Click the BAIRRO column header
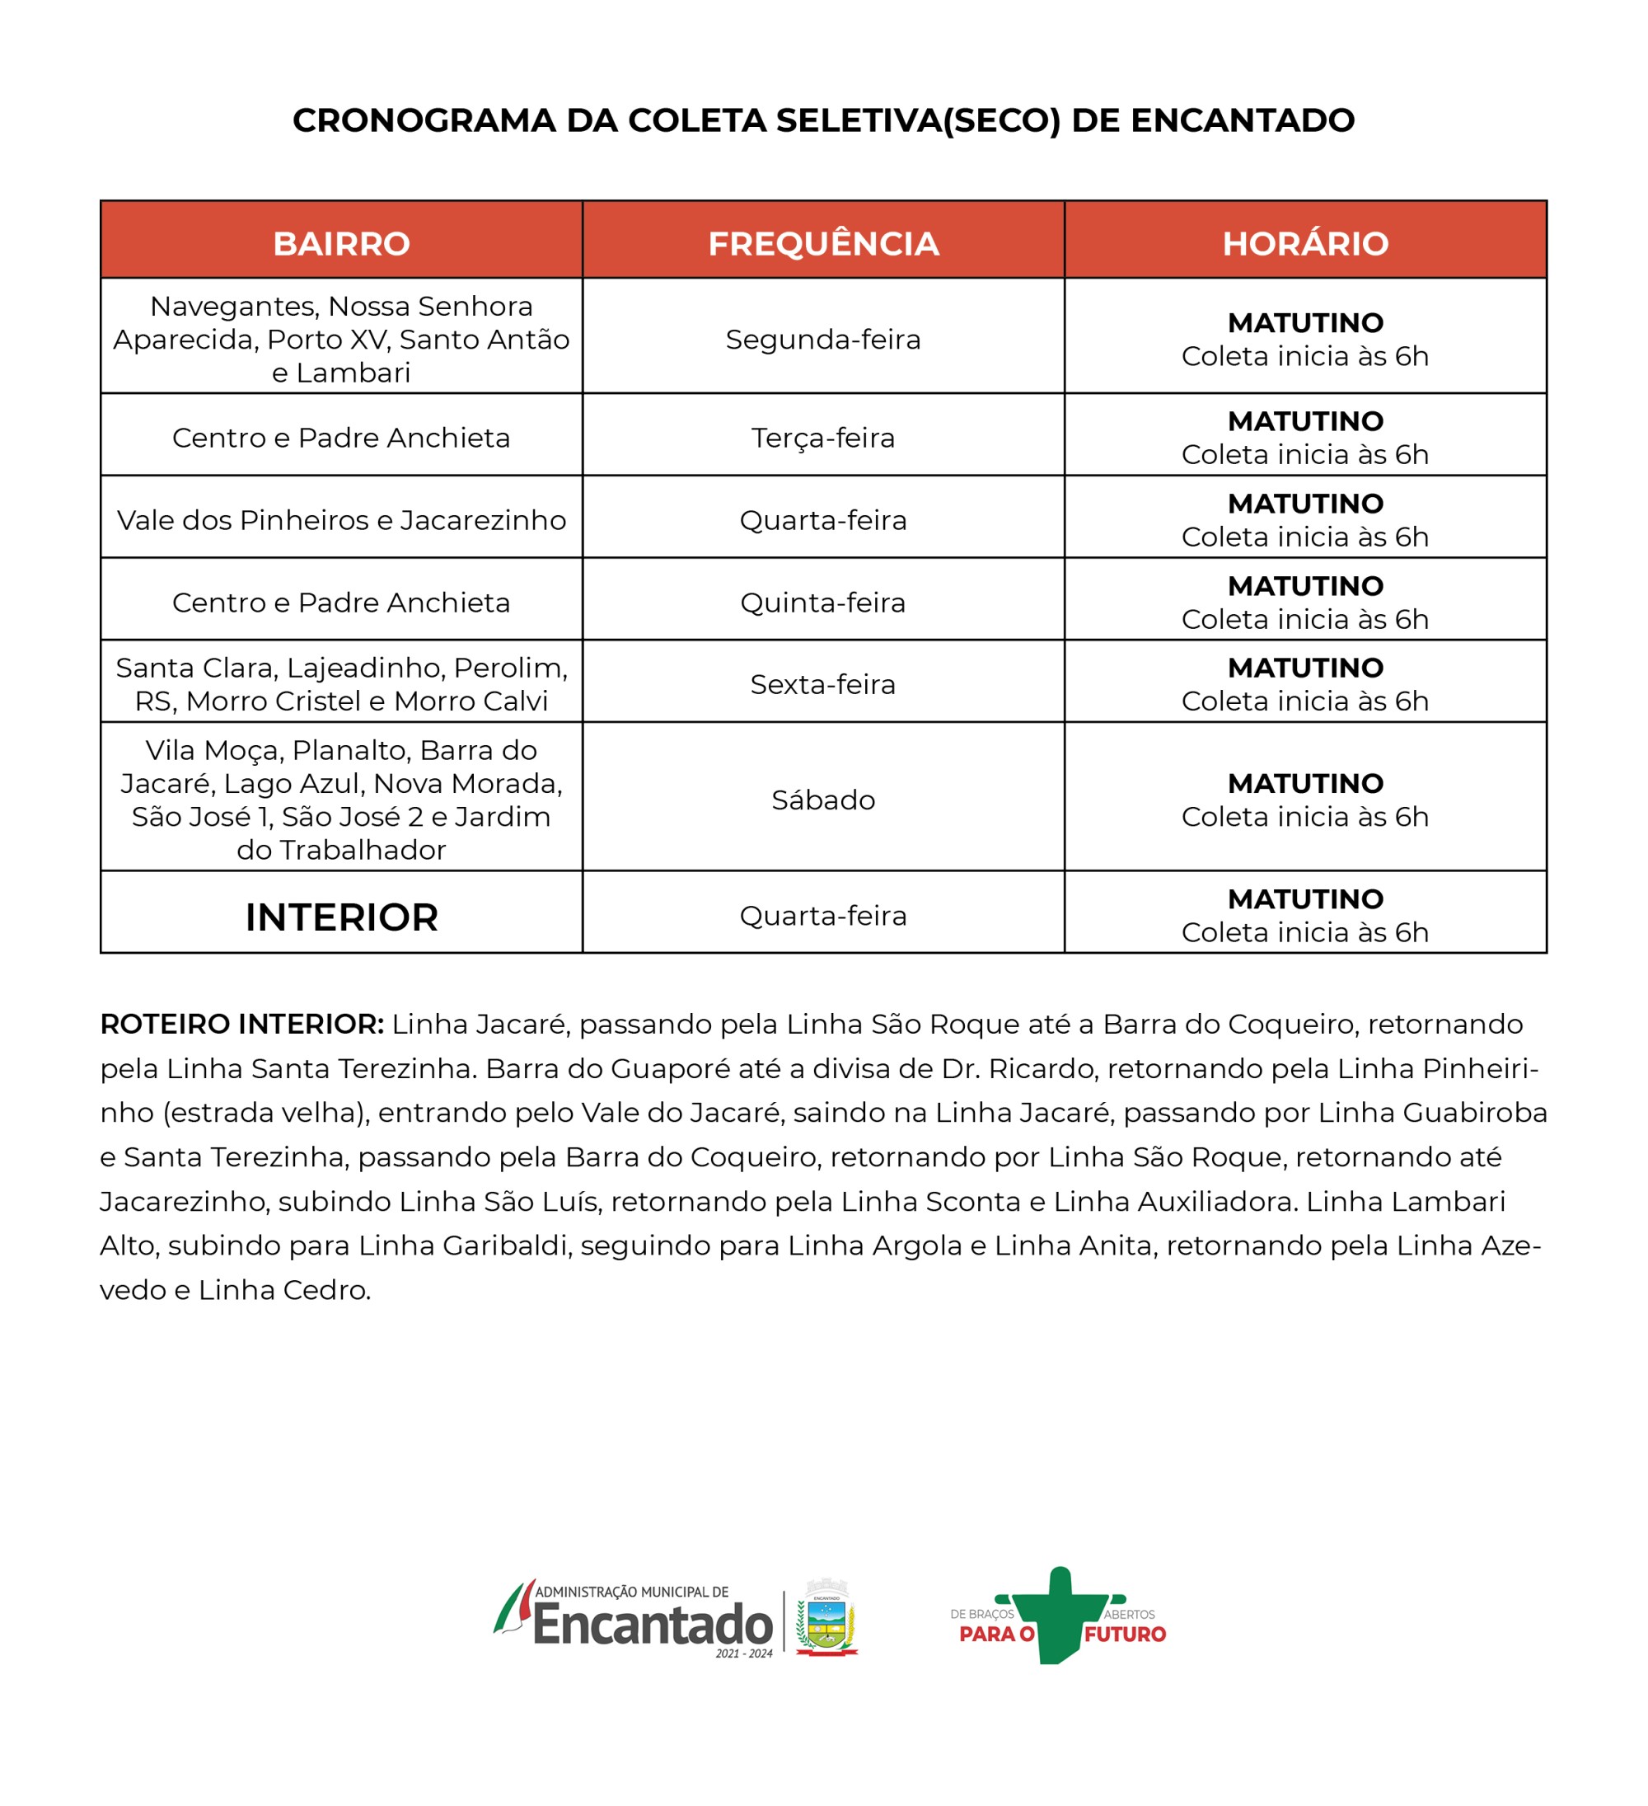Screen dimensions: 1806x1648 [341, 244]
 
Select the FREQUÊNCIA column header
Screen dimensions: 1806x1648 [823, 244]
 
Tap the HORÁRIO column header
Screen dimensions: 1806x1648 [1305, 244]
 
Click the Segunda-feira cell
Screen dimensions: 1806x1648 [823, 340]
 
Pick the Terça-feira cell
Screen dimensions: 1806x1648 [823, 438]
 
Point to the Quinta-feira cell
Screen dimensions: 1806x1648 [823, 603]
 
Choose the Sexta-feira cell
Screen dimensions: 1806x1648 [823, 684]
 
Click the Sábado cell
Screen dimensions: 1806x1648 [823, 800]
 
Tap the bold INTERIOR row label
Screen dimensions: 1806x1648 [341, 917]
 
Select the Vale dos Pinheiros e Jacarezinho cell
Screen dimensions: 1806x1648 [341, 520]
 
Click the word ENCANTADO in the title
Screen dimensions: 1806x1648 [1243, 121]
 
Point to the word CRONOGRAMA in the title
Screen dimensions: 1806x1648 [424, 121]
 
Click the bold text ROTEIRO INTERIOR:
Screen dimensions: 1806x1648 [241, 1024]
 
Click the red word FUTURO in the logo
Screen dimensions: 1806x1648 [1125, 1634]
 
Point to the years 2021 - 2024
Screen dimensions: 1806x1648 [743, 1654]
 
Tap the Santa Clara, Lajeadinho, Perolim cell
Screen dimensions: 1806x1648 [341, 684]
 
